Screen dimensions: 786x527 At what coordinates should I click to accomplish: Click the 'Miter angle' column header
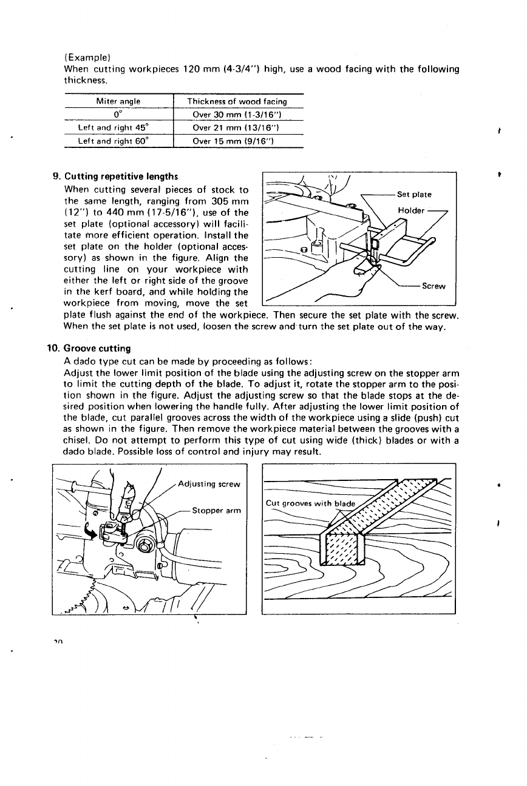pos(118,101)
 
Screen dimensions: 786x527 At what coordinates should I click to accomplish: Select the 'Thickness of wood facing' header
pos(237,101)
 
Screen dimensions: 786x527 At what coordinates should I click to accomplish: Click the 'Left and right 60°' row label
pos(118,142)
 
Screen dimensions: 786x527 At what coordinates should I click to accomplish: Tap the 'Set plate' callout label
pos(415,195)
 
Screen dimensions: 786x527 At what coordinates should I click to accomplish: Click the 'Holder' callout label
pos(410,211)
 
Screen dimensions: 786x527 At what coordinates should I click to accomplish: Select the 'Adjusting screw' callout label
pos(209,484)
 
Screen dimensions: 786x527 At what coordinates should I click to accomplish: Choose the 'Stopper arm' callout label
pos(216,510)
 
